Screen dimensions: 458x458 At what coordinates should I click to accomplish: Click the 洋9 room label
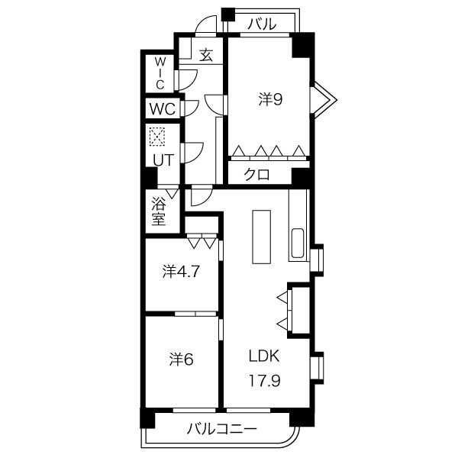point(270,99)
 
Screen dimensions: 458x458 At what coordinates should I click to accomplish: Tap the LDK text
point(264,356)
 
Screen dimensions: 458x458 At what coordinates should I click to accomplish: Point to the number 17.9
point(264,381)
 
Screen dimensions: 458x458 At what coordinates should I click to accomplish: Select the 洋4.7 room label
point(181,271)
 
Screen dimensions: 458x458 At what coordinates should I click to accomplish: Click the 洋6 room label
point(182,360)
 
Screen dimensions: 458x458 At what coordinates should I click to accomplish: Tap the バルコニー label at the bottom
point(221,429)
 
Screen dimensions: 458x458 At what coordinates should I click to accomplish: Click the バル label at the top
point(262,24)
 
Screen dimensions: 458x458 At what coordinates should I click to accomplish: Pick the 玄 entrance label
point(206,55)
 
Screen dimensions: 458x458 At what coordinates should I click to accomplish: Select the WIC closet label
point(160,73)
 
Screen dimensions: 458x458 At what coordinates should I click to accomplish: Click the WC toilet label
point(163,108)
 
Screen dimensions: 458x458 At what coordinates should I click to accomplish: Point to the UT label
point(163,160)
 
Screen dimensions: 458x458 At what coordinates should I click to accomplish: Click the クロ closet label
point(257,174)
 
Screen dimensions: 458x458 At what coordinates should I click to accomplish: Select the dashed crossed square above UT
point(157,137)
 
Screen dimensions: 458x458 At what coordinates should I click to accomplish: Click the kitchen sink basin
point(298,243)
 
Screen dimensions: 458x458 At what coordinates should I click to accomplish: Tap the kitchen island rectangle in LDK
point(261,237)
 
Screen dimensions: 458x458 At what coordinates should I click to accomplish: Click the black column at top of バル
point(228,14)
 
